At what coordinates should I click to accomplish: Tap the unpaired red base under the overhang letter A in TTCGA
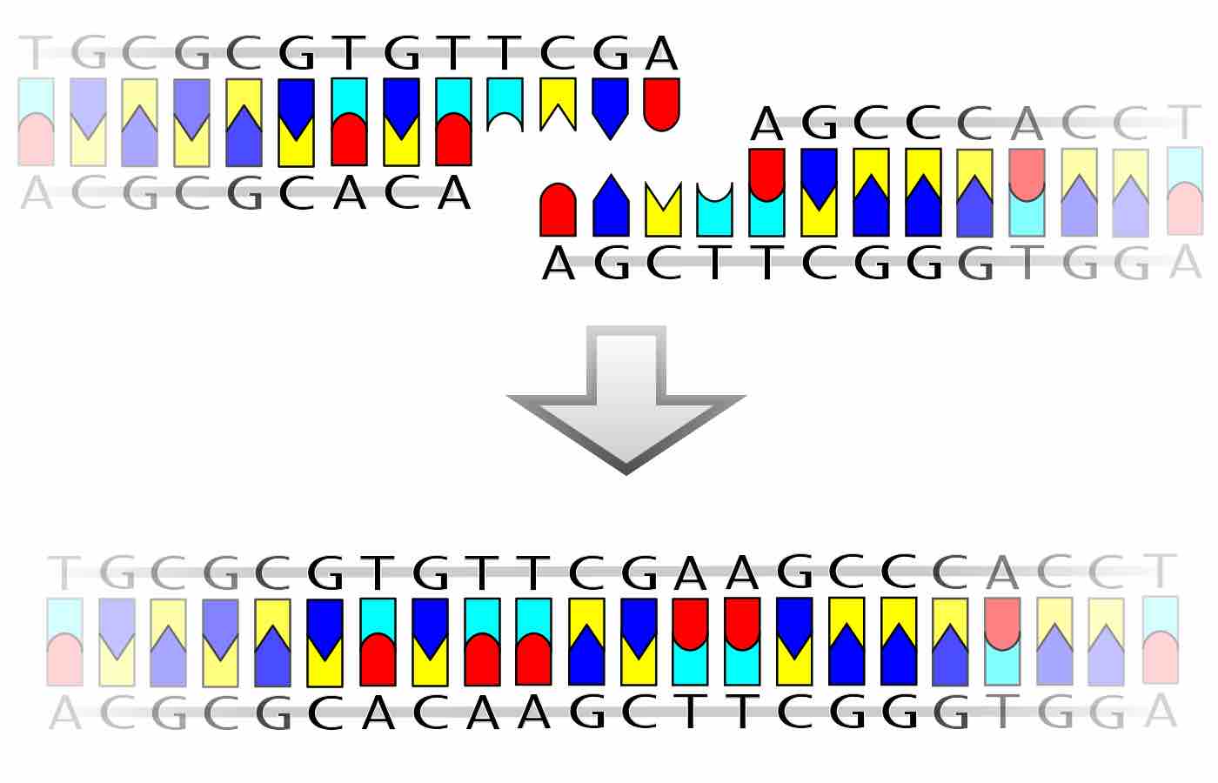tap(661, 104)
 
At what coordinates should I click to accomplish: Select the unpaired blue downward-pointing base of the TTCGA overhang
tap(610, 107)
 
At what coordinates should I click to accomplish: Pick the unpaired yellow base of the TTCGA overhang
tap(558, 103)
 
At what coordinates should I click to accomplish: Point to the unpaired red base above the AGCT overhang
tap(558, 211)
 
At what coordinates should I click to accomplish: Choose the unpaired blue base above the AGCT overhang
tap(610, 207)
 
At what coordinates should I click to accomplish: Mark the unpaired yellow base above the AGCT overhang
tap(662, 212)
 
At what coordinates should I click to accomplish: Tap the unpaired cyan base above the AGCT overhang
tap(714, 212)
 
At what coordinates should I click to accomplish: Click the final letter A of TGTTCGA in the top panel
tap(661, 54)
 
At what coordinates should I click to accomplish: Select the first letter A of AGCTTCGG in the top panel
tap(559, 263)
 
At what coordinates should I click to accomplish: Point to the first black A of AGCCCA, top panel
tap(766, 124)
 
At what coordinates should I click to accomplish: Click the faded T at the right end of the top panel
tap(1184, 123)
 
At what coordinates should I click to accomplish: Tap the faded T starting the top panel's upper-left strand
tap(36, 54)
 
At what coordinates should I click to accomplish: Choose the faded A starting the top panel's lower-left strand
tap(36, 193)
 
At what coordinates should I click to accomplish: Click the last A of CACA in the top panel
tap(453, 193)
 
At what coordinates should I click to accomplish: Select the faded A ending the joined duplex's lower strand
tap(1161, 712)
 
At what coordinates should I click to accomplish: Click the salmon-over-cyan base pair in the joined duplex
tap(1002, 642)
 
